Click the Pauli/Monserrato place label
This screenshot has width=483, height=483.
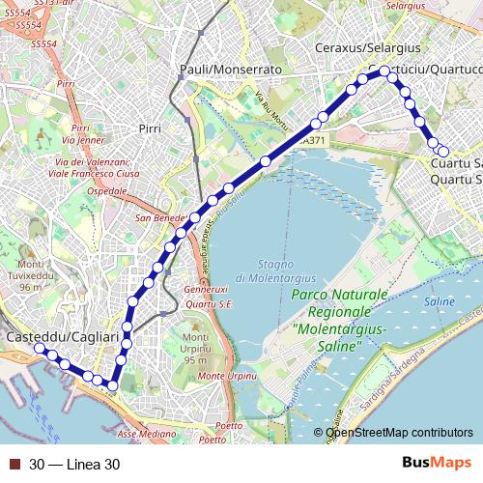coord(231,71)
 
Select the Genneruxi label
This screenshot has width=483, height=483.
coord(205,289)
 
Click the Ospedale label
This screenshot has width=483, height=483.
coord(107,192)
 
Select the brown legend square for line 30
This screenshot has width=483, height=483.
coord(14,464)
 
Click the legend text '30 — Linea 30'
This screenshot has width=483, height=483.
coord(74,464)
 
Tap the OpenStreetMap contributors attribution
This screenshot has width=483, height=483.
coord(398,433)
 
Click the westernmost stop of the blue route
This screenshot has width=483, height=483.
coord(40,348)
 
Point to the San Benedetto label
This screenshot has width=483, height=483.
coord(160,217)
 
